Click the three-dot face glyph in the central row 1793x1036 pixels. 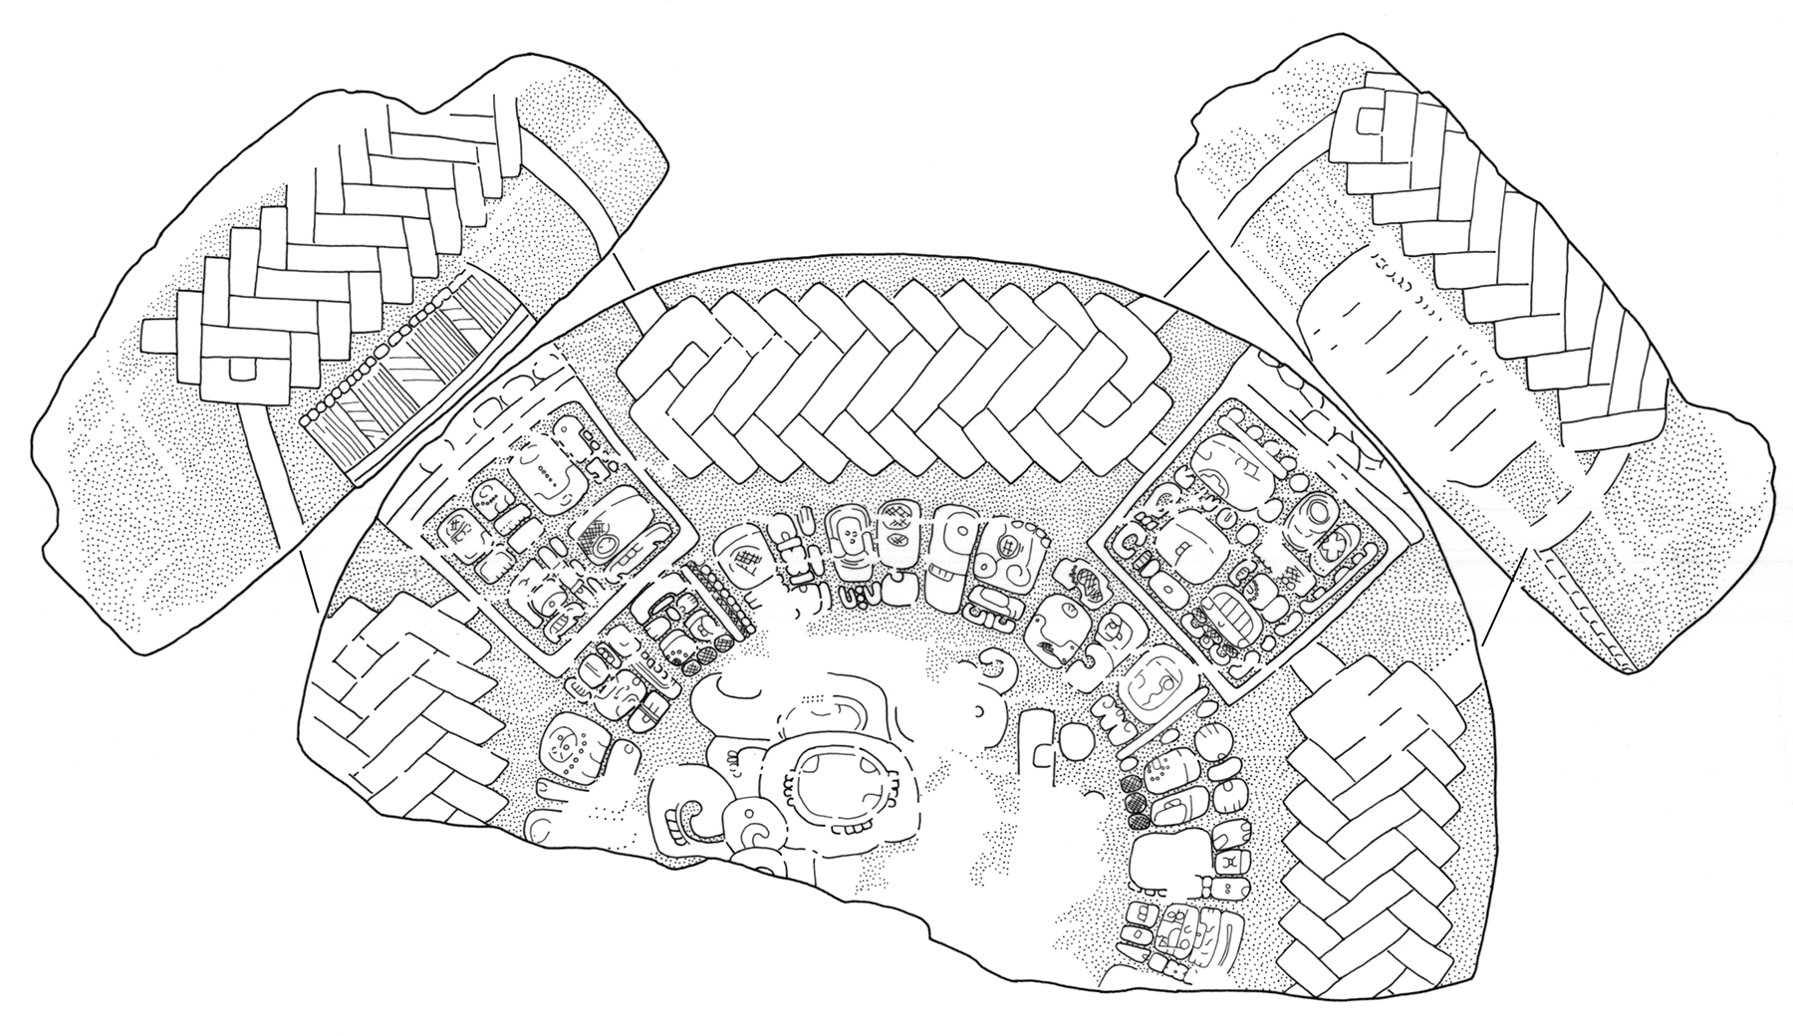point(850,539)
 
